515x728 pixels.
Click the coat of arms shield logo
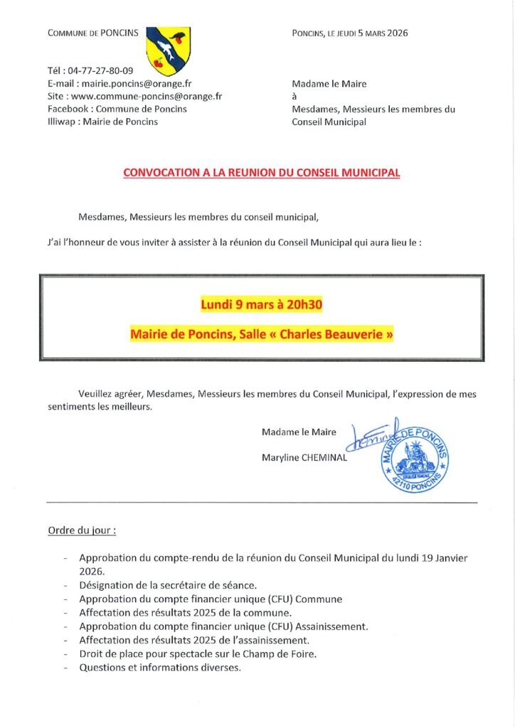point(168,52)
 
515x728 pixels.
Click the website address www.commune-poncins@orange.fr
point(147,96)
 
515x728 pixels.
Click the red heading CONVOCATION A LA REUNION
point(262,172)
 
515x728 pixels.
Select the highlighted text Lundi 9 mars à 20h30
point(262,305)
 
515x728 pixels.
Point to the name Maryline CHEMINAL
point(304,458)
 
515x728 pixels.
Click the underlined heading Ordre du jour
point(82,530)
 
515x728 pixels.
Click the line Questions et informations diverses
point(160,668)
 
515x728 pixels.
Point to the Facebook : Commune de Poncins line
point(117,109)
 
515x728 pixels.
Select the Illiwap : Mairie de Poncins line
point(102,122)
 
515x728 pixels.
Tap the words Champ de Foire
point(304,654)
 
